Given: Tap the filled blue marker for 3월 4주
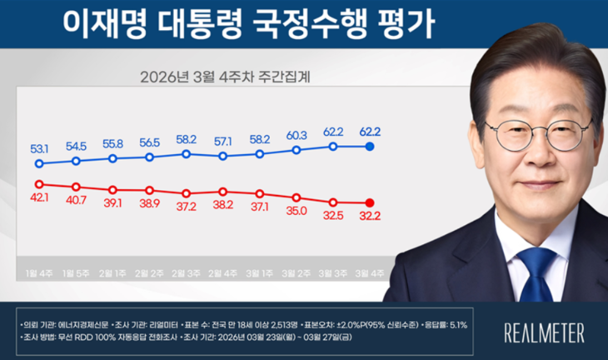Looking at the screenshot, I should pos(370,147).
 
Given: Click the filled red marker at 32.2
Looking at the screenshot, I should pos(370,202).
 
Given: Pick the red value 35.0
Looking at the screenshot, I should pos(297,211).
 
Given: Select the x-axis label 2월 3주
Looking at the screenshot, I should pos(187,274).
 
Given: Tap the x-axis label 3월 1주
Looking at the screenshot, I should pos(260,274).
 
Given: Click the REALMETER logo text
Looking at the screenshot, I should pos(544,332).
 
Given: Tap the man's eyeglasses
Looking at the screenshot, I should pos(537,133).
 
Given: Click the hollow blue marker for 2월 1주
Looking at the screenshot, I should pos(112,157).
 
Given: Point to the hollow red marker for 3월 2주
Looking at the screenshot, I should pos(297,197).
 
